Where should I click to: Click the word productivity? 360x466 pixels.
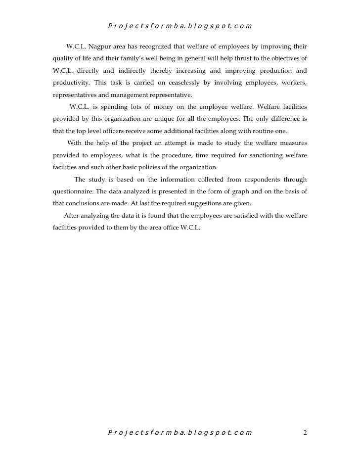point(71,83)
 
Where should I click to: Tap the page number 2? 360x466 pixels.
point(305,433)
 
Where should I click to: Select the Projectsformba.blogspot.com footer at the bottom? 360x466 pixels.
point(180,433)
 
